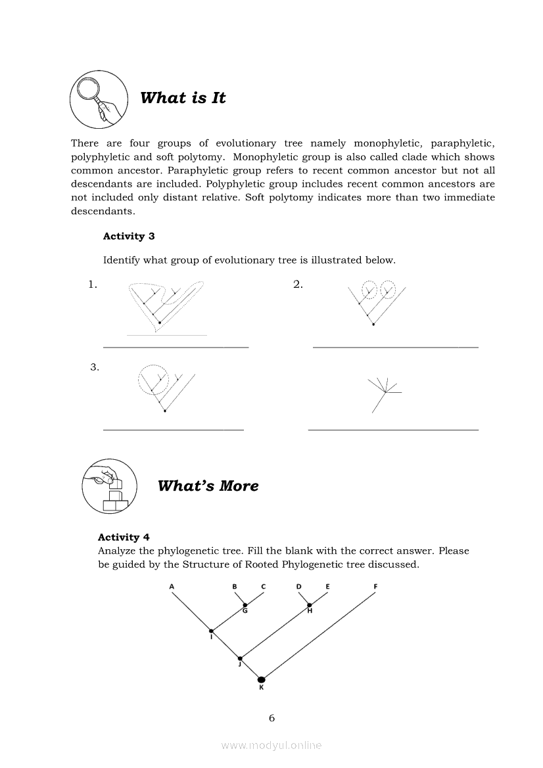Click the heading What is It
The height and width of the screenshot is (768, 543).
183,98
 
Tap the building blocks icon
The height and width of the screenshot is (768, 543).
109,486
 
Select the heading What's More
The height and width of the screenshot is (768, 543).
208,486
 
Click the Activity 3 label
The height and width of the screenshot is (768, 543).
129,236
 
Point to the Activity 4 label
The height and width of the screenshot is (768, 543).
124,537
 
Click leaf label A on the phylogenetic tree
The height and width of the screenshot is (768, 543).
172,586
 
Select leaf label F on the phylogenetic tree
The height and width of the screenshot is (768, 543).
375,586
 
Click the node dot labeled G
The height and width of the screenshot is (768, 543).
245,604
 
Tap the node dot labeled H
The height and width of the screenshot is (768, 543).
310,604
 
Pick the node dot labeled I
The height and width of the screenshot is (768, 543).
211,631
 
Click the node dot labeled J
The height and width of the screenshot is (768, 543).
240,658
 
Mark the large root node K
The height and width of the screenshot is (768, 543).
261,679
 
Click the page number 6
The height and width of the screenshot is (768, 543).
271,718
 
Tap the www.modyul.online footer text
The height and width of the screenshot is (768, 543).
271,745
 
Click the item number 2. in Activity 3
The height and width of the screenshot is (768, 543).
298,284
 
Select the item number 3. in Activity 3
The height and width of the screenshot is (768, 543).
95,367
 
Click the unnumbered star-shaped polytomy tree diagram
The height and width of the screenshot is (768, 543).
385,393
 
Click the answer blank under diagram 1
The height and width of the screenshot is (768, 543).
176,347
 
